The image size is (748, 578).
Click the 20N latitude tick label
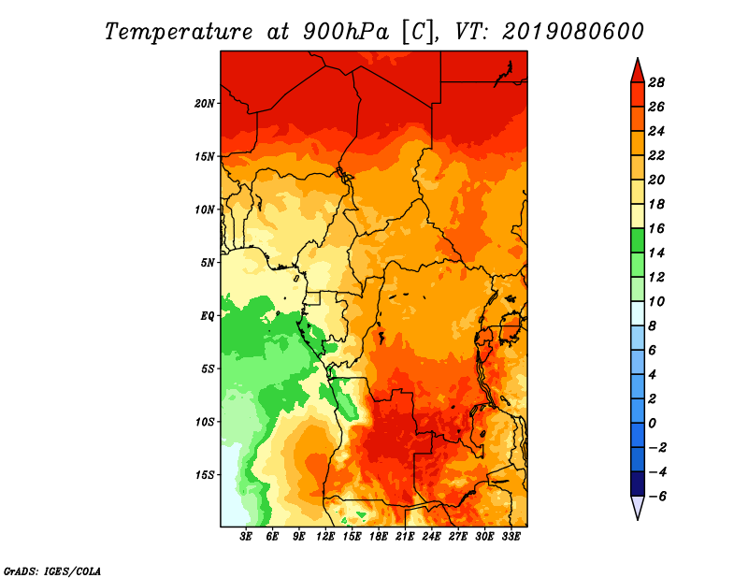206,103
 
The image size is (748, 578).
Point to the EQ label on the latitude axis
208,316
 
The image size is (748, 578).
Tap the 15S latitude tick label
206,475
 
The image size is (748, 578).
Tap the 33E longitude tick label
511,538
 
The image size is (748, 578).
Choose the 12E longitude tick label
326,538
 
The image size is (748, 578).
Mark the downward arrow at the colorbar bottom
637,508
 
